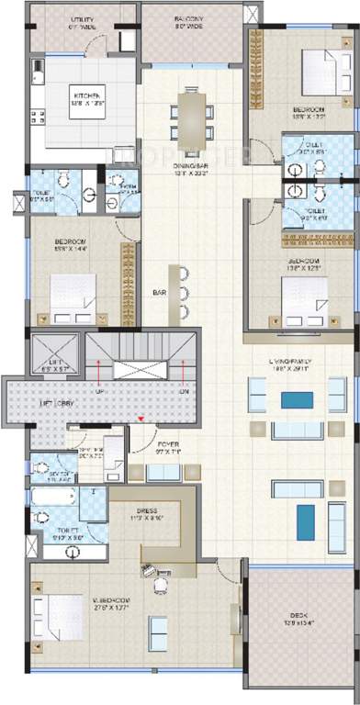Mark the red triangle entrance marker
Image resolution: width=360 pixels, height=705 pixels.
click(x=140, y=420)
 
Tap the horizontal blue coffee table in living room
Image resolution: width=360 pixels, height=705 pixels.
click(x=297, y=399)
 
